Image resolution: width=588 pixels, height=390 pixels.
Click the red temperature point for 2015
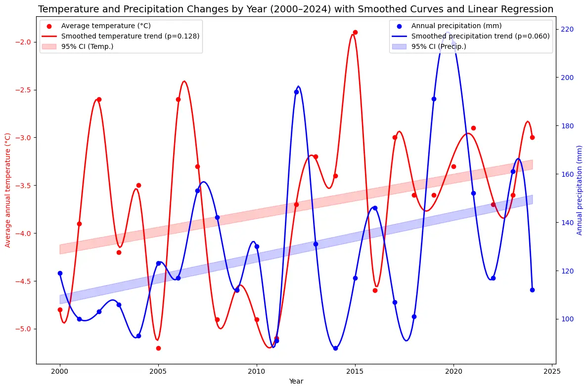coord(355,32)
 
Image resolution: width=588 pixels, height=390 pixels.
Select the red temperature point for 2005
coord(158,348)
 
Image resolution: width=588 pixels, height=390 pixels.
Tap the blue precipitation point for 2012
coord(296,92)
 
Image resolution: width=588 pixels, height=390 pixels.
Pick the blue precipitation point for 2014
coord(335,348)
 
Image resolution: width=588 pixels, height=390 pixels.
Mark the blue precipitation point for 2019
coord(434,99)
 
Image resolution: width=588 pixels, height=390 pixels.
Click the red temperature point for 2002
coord(99,99)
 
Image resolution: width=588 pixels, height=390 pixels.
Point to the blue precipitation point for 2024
coord(532,290)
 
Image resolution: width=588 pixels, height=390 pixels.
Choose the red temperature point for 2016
coord(375,290)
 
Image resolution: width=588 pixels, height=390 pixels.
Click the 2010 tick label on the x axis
coord(257,372)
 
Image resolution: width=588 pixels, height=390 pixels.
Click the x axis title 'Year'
coord(296,381)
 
